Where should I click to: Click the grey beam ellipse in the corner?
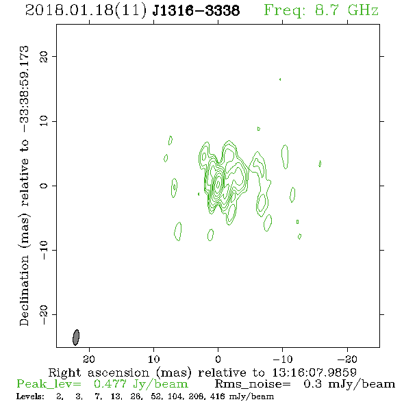(x=76, y=338)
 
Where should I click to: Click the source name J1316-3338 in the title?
(x=196, y=11)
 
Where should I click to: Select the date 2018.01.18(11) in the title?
(x=86, y=11)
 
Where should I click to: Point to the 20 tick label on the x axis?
(x=89, y=359)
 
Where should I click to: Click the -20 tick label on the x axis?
(x=347, y=359)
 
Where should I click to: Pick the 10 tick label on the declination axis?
(x=44, y=121)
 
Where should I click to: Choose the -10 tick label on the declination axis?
(x=44, y=250)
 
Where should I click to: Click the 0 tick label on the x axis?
(x=218, y=359)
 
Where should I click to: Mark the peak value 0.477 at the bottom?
(x=110, y=384)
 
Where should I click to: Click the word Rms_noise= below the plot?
(x=253, y=384)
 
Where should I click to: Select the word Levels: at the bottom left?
(x=30, y=396)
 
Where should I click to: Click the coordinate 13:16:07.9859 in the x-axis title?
(x=314, y=373)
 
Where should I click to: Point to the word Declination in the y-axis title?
(x=24, y=290)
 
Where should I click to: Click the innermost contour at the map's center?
(x=218, y=184)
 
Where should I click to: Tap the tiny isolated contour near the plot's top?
(x=280, y=79)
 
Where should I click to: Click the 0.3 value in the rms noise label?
(x=312, y=384)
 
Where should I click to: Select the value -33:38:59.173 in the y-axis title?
(x=25, y=89)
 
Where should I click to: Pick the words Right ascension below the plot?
(x=99, y=373)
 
